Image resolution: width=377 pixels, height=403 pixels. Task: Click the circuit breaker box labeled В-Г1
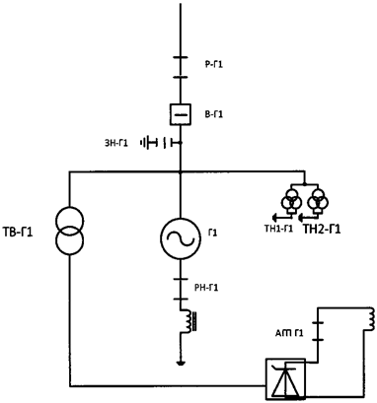(180, 116)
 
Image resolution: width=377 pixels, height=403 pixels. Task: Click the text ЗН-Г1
(117, 143)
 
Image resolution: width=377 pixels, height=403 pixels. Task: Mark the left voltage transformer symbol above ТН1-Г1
(293, 204)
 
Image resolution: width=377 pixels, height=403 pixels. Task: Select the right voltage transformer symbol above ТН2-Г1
(317, 204)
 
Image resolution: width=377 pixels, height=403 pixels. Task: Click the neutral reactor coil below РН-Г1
(183, 321)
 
